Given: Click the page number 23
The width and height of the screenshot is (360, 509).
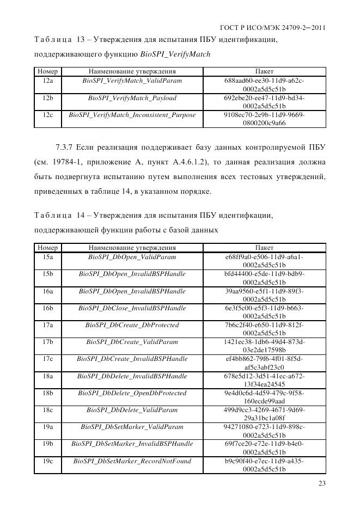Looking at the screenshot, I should (321, 483).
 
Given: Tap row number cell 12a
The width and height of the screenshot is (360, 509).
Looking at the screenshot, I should (47, 81).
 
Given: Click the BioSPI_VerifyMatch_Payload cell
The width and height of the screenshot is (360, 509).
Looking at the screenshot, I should (132, 98).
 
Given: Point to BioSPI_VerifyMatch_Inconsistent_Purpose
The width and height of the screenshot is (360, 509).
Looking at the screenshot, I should (132, 115).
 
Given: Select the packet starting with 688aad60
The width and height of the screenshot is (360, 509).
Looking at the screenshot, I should (264, 84).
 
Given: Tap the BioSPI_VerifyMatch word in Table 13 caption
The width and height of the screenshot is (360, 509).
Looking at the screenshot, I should (175, 54).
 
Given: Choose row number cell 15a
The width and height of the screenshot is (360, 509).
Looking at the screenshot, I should (47, 257).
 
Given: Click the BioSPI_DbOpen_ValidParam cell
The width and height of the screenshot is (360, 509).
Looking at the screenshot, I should (132, 257).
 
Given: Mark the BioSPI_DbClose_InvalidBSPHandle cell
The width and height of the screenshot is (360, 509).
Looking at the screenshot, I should (132, 308).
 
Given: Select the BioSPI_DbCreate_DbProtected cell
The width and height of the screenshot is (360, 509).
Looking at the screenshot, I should (132, 325).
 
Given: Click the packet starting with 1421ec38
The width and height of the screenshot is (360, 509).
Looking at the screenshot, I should (264, 346).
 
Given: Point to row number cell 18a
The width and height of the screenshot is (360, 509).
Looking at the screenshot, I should (47, 376).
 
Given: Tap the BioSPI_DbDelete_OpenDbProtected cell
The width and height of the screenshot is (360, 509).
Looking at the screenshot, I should (132, 393).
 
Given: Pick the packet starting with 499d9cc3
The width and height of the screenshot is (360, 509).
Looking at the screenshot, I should (264, 414).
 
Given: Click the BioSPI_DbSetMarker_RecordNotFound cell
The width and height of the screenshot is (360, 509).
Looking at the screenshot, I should (132, 461).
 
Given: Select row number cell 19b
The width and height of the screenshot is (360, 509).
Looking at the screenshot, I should (47, 444).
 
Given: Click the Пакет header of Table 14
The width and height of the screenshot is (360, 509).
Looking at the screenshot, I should (264, 248).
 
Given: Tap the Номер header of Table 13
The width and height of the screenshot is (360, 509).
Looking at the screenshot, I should (47, 71).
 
